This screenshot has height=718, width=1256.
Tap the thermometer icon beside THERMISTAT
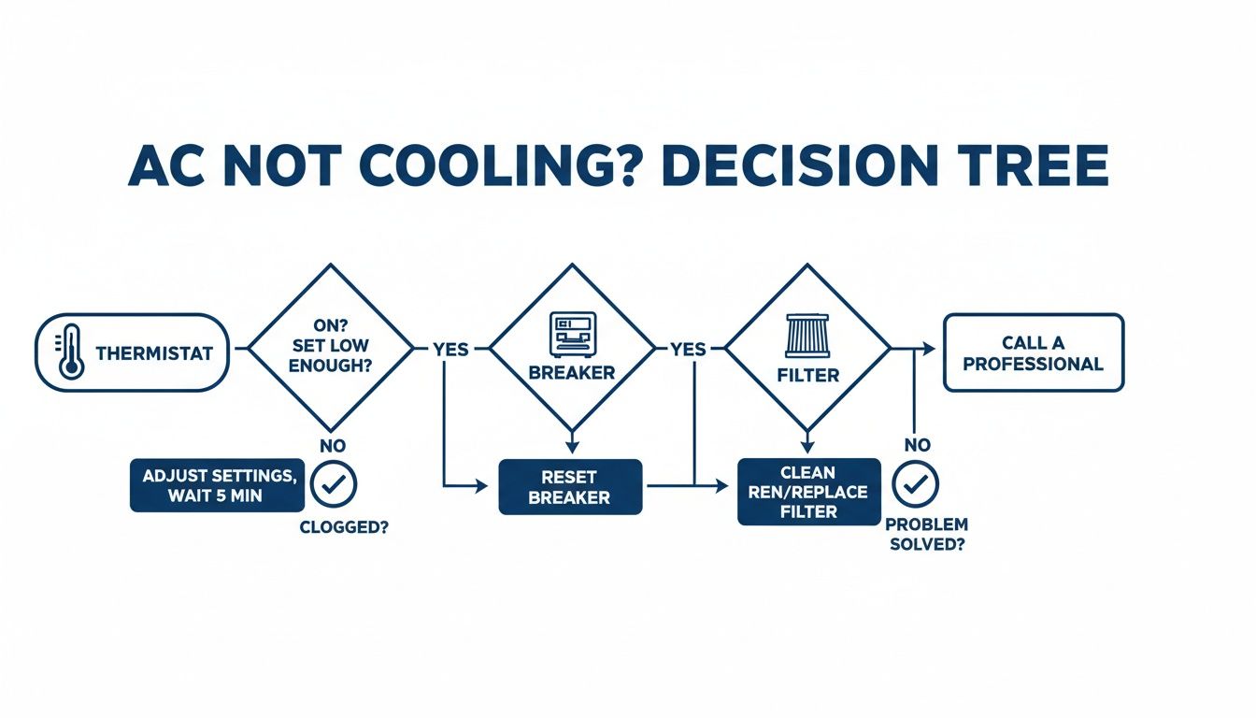click(71, 352)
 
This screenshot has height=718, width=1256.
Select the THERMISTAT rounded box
click(132, 352)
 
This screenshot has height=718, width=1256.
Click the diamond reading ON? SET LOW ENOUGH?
click(330, 349)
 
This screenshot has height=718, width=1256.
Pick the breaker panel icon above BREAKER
click(570, 334)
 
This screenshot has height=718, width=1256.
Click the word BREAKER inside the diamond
click(571, 373)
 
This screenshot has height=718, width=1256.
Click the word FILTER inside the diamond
click(808, 376)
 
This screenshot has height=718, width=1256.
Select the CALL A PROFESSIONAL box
click(1033, 352)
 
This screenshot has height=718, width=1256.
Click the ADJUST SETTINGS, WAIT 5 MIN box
click(218, 484)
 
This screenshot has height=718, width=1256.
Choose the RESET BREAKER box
click(570, 486)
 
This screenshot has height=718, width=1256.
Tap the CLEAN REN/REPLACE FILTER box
click(808, 491)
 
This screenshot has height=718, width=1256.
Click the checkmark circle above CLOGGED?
click(333, 484)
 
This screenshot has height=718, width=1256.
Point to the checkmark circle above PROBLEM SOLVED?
click(916, 483)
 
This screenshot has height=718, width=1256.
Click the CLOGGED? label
click(343, 527)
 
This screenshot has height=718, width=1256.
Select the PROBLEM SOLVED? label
click(926, 534)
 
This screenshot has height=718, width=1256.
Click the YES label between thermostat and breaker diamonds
click(450, 350)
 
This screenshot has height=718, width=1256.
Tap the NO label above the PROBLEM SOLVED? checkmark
click(917, 445)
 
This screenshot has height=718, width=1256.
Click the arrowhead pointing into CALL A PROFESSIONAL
click(928, 349)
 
